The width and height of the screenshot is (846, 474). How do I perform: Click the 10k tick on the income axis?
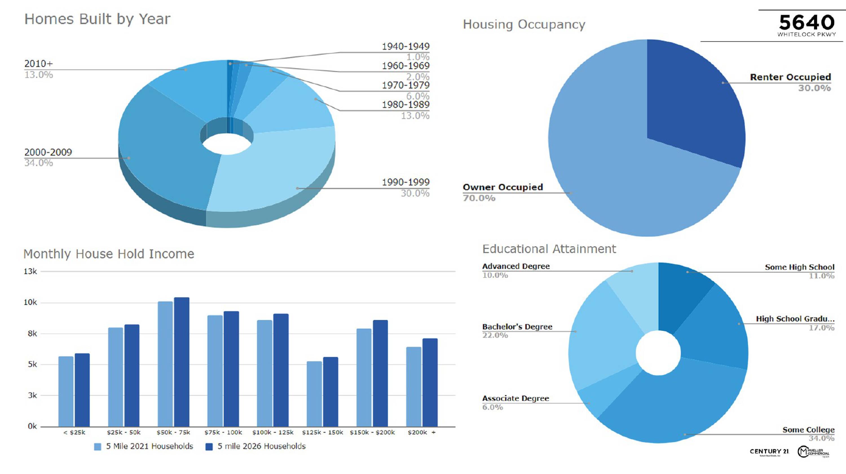point(30,302)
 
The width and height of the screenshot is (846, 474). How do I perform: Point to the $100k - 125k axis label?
point(273,432)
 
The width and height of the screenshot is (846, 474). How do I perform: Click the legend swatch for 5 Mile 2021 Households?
point(98,447)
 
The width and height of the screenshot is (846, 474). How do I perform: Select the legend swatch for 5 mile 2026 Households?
point(209,447)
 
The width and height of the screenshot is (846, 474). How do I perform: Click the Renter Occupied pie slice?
point(693,102)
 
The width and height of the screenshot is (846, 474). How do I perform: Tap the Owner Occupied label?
point(503,187)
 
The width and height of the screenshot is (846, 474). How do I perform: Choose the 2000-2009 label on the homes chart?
point(48,152)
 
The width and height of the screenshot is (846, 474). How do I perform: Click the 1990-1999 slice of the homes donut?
point(273,171)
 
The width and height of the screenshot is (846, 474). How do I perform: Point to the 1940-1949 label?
point(405,46)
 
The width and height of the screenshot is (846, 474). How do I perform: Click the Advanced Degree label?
point(515,266)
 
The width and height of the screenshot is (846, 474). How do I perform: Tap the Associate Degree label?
point(515,399)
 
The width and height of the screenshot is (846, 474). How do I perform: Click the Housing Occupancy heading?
point(524,25)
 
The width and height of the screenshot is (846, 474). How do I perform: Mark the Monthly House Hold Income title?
point(109,254)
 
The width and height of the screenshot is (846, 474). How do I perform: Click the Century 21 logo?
point(769,452)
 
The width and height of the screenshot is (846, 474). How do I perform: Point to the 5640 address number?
point(806,22)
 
